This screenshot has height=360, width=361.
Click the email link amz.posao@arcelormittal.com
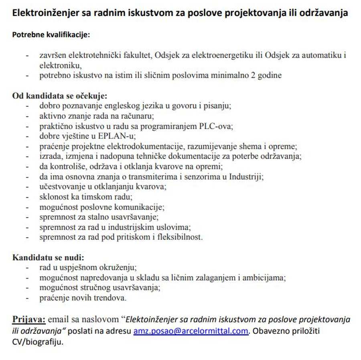click(x=191, y=332)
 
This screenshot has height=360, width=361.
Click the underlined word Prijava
click(x=29, y=320)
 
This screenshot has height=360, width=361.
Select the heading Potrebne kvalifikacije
click(x=51, y=35)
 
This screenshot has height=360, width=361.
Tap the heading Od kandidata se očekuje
click(x=60, y=96)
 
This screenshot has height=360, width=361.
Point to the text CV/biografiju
click(x=38, y=342)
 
